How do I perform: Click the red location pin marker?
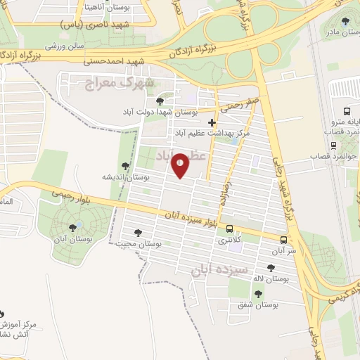click(181, 165)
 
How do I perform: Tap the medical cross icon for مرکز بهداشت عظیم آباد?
click(212, 122)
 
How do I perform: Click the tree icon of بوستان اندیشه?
click(125, 167)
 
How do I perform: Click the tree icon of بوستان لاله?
click(271, 267)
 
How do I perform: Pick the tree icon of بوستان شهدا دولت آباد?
click(169, 103)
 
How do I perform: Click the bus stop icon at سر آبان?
click(284, 239)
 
